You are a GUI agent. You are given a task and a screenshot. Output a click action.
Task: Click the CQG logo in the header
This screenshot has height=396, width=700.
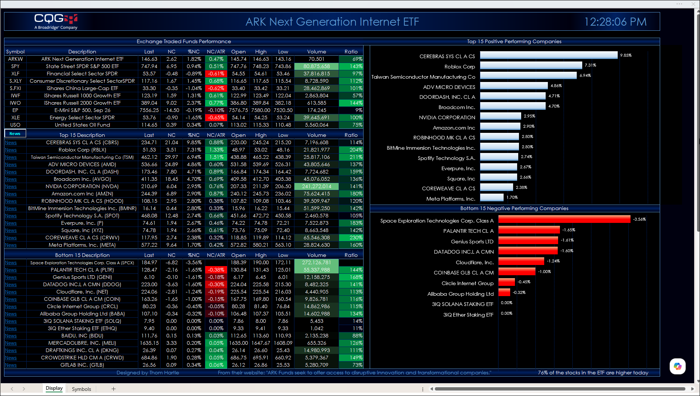click(x=56, y=22)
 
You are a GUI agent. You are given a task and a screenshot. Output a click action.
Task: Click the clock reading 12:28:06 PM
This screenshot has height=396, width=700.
click(x=615, y=22)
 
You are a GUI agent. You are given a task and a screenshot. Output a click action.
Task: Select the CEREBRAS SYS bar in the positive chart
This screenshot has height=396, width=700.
click(x=549, y=55)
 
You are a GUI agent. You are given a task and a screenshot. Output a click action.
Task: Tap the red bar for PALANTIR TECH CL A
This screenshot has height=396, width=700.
click(x=529, y=230)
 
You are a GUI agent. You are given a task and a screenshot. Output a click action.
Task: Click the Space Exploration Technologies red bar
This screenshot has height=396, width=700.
click(x=564, y=219)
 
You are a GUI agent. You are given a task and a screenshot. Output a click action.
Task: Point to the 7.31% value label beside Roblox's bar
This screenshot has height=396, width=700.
click(x=590, y=65)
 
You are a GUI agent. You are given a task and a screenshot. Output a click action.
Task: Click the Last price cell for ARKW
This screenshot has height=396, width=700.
click(x=149, y=59)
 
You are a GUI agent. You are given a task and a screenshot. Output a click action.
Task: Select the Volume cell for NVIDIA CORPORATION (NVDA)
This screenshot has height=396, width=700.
click(x=317, y=186)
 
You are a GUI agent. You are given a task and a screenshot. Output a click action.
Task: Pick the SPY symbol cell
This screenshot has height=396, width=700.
click(x=15, y=66)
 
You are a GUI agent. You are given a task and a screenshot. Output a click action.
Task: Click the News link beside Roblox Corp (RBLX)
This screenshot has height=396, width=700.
click(x=11, y=150)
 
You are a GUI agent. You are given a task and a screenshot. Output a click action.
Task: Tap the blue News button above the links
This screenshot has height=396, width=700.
click(x=15, y=134)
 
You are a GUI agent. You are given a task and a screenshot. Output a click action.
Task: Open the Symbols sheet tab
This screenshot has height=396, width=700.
click(x=81, y=389)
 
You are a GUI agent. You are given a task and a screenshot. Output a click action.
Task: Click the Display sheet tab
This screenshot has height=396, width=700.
click(x=54, y=388)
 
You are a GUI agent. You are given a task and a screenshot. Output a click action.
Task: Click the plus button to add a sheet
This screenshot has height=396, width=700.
click(x=113, y=389)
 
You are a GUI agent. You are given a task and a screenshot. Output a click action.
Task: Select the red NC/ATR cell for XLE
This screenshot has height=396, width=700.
click(x=216, y=117)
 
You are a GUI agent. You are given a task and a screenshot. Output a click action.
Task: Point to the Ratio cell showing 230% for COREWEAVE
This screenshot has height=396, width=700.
click(x=351, y=238)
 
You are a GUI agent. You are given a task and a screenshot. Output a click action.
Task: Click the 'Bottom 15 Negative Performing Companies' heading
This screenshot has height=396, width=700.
click(x=514, y=208)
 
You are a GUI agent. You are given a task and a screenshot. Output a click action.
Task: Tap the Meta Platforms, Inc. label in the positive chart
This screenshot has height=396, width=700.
click(x=451, y=199)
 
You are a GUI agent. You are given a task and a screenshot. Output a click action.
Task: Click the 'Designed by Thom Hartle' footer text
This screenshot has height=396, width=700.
click(x=148, y=373)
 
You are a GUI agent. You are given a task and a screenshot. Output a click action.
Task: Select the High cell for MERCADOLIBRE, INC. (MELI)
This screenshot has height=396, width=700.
click(x=261, y=343)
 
